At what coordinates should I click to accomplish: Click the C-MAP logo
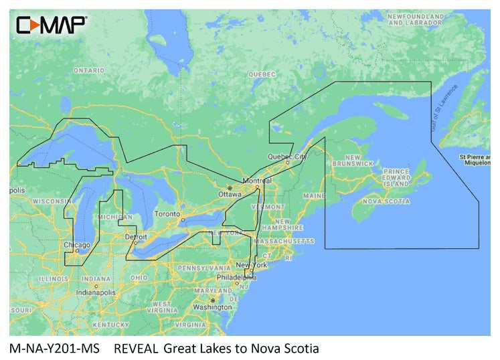(51, 25)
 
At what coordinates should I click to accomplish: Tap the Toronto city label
(168, 213)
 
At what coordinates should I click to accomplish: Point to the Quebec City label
(287, 157)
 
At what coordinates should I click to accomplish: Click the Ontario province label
(88, 70)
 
